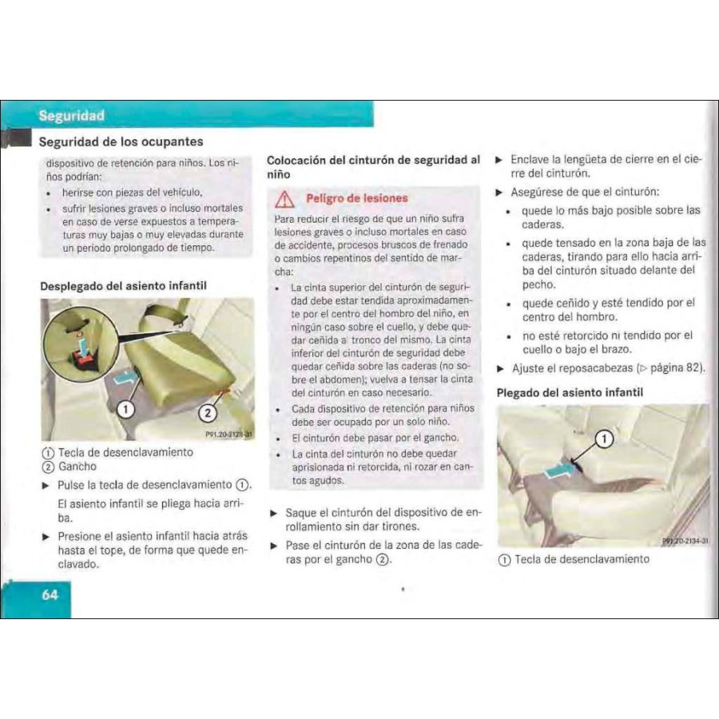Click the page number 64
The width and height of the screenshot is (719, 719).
(x=50, y=594)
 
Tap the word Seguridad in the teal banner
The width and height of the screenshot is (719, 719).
(x=70, y=116)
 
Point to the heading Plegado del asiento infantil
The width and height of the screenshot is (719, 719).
(x=570, y=392)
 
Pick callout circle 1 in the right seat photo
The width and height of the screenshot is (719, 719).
(x=605, y=437)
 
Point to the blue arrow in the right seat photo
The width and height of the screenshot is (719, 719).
(x=558, y=474)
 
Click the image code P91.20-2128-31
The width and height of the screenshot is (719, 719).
(x=228, y=435)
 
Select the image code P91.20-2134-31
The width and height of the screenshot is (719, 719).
(x=685, y=541)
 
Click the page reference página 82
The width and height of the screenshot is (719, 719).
(x=675, y=368)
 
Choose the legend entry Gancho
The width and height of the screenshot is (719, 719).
(x=77, y=466)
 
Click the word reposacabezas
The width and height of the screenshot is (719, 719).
(x=589, y=368)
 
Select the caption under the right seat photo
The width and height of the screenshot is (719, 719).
(x=573, y=558)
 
